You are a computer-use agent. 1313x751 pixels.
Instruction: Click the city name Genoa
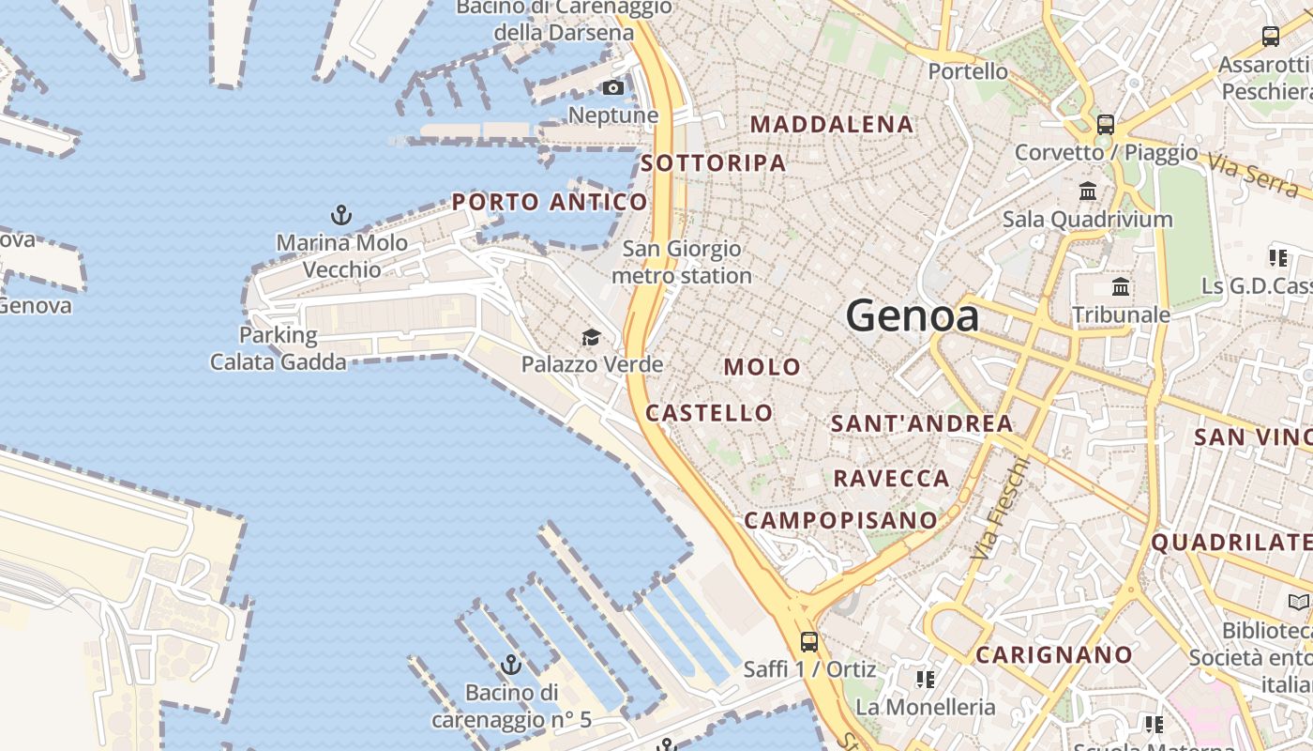point(913,316)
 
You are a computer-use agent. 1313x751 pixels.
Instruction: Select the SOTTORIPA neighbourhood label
point(713,163)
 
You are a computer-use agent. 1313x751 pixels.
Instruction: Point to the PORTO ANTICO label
point(550,202)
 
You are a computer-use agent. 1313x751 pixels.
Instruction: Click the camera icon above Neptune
point(613,88)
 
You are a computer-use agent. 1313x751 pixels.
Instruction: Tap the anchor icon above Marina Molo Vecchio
point(341,215)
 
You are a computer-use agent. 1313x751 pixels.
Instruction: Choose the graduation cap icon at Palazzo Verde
point(591,337)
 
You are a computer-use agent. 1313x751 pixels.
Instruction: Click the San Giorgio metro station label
point(682,262)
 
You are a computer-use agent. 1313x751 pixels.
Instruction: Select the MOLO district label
point(762,367)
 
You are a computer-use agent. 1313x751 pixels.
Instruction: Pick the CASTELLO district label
point(709,413)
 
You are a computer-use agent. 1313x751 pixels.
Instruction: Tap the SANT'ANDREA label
point(922,423)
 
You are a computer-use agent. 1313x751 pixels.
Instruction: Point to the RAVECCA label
point(891,479)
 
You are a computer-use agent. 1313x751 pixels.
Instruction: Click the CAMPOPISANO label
point(840,520)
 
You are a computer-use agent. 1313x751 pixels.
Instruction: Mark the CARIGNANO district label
point(1054,654)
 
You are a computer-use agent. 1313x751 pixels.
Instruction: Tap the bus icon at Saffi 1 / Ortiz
point(808,642)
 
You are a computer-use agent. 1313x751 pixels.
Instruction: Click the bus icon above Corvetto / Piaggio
point(1106,124)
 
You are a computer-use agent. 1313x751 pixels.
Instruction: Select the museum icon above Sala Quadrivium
point(1088,192)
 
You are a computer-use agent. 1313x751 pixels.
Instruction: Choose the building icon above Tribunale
point(1120,287)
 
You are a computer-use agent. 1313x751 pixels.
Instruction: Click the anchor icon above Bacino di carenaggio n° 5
point(511,666)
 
